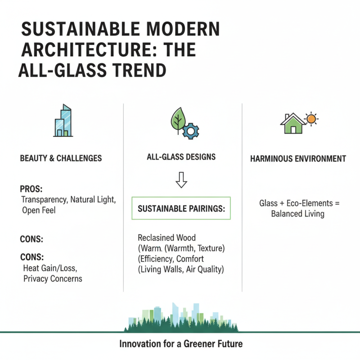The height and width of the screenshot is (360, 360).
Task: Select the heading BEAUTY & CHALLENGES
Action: point(61,158)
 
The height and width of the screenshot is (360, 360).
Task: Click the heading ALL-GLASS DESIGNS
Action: point(181,157)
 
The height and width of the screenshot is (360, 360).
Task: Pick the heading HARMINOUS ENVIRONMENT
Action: point(298,158)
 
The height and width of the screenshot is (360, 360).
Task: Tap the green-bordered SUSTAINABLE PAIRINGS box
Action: point(181,208)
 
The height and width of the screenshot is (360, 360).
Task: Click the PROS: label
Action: point(30,189)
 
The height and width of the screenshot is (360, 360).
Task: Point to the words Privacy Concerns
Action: point(53,279)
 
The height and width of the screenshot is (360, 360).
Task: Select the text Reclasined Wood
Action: point(167,237)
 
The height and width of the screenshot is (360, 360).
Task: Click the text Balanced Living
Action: point(297,214)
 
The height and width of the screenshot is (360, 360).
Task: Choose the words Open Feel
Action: point(39,210)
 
